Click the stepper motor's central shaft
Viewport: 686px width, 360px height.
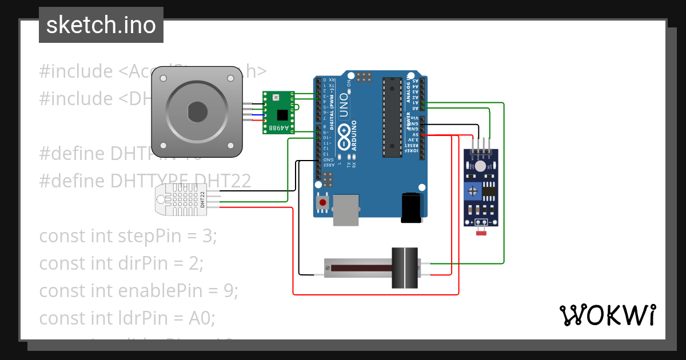point(197,111)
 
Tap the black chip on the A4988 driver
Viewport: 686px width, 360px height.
point(281,114)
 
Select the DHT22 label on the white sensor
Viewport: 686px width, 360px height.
point(202,199)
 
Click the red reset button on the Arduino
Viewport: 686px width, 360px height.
point(323,202)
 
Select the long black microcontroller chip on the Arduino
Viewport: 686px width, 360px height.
point(392,117)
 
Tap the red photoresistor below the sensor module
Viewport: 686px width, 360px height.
point(481,233)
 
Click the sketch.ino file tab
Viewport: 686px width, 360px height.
point(101,25)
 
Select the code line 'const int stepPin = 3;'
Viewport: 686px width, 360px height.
point(128,236)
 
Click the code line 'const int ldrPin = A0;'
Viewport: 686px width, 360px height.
point(127,318)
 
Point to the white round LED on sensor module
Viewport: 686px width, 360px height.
point(480,166)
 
